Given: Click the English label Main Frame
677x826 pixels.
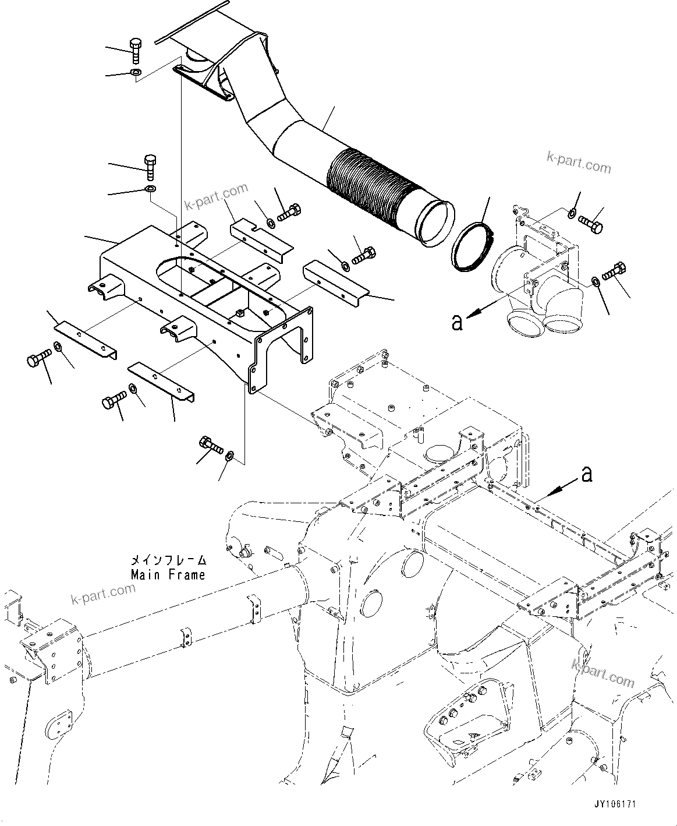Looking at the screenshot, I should pos(168,574).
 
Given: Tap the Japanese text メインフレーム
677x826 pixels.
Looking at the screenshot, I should pos(168,560).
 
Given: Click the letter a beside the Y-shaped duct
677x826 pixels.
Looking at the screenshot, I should pos(458,322).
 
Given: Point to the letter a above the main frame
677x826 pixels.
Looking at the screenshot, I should pos(587,475).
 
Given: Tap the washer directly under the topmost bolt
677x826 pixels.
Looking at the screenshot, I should pos(135,72).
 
